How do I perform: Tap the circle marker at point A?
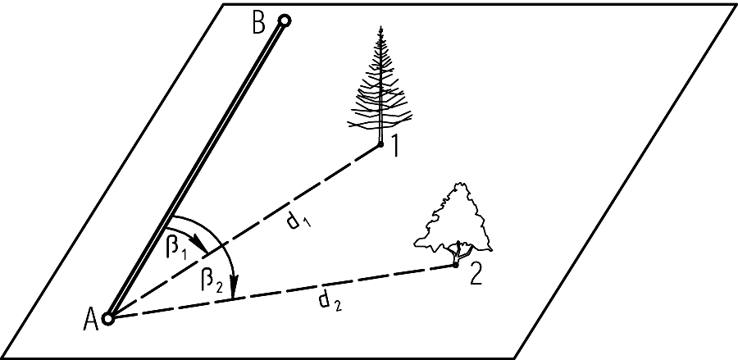(108, 318)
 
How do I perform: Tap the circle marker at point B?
(284, 20)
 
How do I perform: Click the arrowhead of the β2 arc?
(234, 291)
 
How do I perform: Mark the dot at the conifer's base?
(381, 145)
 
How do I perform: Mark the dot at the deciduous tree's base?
(456, 264)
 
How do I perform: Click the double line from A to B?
(197, 168)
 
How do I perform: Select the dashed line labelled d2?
(279, 292)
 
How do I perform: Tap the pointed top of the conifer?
(380, 28)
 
